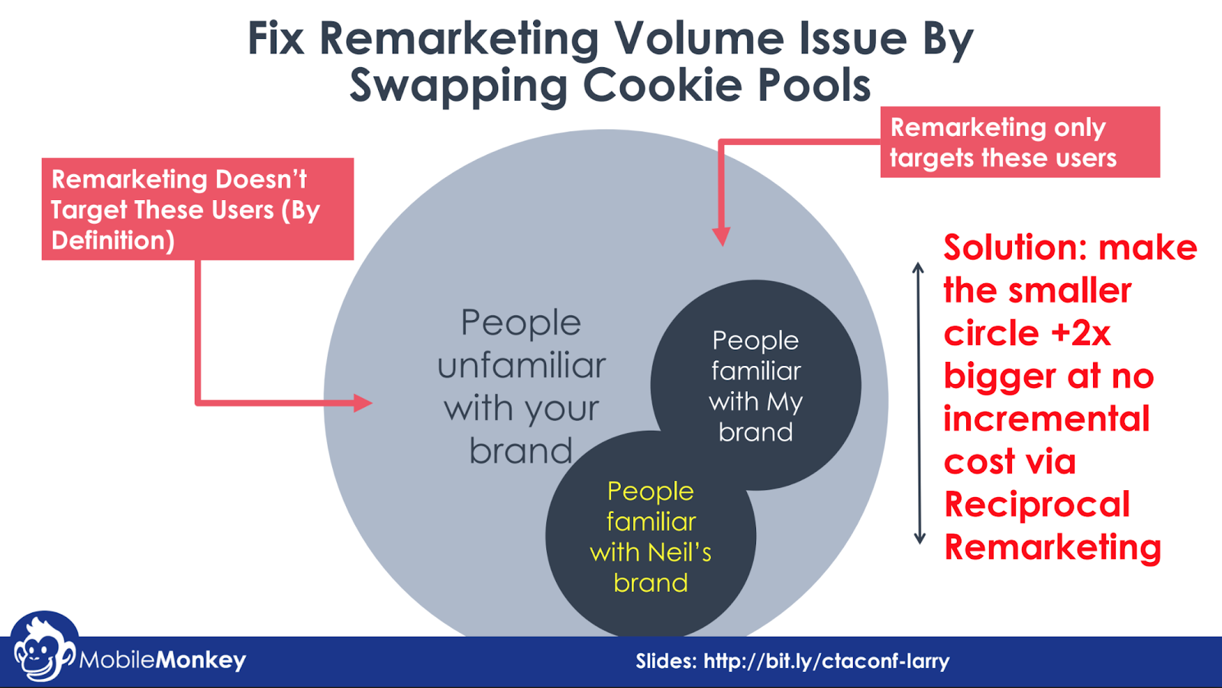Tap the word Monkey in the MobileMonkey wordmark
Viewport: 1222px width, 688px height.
(x=201, y=660)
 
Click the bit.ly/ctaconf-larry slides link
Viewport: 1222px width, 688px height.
(x=826, y=661)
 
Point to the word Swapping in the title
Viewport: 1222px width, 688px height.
(x=458, y=86)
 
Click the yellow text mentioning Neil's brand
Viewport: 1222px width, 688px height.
(x=651, y=537)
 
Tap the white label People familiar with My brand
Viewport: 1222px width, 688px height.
(x=756, y=386)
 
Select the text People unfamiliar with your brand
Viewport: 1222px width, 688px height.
(x=522, y=387)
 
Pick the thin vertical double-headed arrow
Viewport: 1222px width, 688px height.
(x=919, y=403)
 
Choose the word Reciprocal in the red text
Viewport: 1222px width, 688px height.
(x=1036, y=505)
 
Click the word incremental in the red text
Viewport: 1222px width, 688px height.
(x=1046, y=419)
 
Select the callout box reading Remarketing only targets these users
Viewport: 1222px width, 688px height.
(x=1020, y=143)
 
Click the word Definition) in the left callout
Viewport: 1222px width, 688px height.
(x=113, y=241)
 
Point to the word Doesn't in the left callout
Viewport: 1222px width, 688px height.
(x=260, y=179)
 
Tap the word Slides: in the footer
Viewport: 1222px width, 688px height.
(x=666, y=661)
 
